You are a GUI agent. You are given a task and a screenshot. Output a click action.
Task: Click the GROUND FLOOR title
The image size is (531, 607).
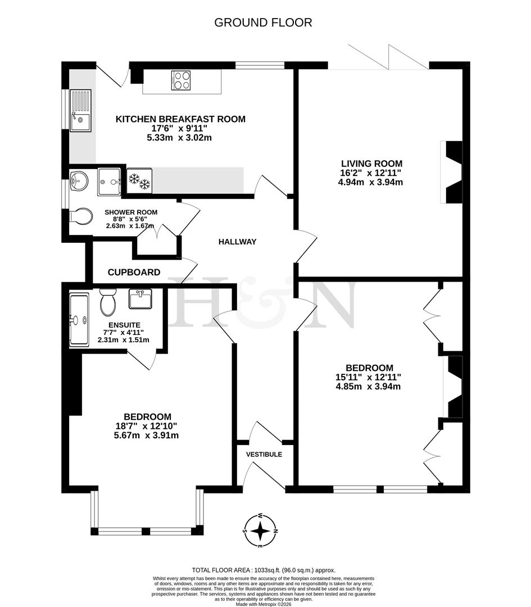pos(263,22)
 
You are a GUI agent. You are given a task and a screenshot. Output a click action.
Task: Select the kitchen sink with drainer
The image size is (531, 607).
pos(80,111)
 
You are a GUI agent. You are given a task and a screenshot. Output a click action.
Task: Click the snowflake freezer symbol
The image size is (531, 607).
pos(139,181)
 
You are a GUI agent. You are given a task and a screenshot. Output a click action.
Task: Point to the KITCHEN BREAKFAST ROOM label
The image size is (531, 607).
pos(180,119)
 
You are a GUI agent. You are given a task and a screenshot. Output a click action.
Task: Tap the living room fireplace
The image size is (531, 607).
pos(453,173)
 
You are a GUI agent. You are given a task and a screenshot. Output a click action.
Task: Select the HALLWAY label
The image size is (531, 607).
pos(237,242)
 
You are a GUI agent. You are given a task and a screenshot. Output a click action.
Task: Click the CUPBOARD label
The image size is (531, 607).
pos(134,272)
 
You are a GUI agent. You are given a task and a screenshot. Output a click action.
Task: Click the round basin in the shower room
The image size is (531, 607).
pos(78,180)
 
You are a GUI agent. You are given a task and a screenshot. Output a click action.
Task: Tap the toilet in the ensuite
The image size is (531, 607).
pos(107,302)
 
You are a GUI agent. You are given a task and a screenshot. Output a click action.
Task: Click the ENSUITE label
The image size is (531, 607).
pos(124,325)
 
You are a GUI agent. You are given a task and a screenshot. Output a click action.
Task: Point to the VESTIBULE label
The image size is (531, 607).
pos(264,454)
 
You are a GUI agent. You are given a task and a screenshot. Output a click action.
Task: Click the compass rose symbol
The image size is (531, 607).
pos(260,530)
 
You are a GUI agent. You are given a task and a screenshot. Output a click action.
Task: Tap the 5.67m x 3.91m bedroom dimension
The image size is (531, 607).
pos(147,435)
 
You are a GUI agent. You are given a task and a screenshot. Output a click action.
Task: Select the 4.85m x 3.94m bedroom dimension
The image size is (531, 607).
pos(368,386)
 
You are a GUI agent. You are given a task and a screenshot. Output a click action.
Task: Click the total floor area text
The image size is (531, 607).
pos(264,569)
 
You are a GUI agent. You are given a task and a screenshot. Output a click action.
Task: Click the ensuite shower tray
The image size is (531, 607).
pos(78,319)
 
